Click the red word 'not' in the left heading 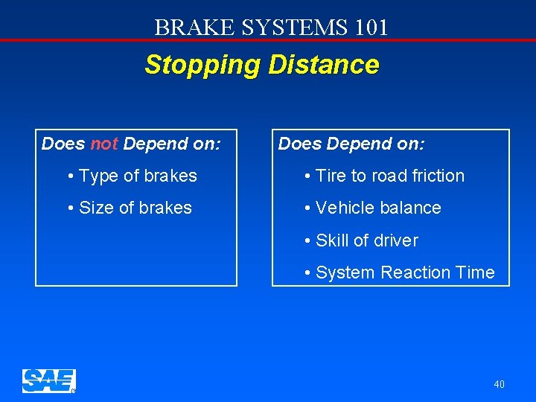103,144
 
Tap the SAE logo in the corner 48,380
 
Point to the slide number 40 499,384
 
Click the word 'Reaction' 415,272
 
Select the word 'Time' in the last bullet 475,272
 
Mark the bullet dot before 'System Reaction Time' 307,273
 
